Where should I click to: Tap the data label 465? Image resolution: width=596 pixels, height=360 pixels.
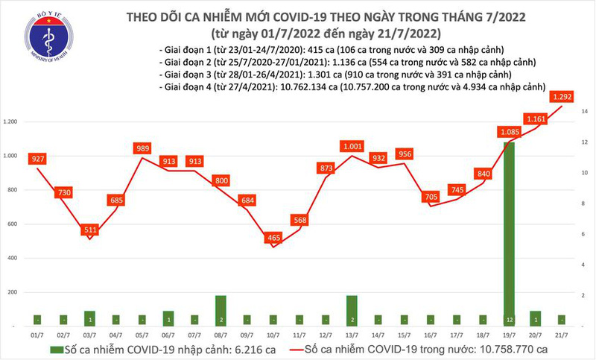pyautogui.click(x=275, y=238)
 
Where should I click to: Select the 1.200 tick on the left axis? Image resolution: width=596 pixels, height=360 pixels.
pyautogui.click(x=12, y=121)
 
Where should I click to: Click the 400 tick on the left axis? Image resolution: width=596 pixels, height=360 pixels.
pyautogui.click(x=15, y=258)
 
